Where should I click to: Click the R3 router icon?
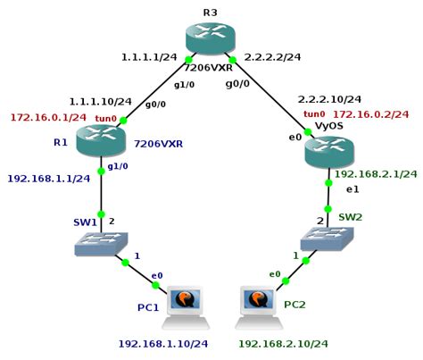click(x=211, y=38)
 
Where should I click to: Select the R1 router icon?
click(x=101, y=141)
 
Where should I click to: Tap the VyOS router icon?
click(x=328, y=151)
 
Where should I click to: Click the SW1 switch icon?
click(x=100, y=244)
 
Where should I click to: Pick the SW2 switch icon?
click(x=327, y=238)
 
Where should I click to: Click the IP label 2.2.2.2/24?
click(x=272, y=57)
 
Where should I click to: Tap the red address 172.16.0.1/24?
click(x=48, y=117)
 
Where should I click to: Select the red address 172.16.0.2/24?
click(x=370, y=114)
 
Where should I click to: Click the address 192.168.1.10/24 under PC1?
click(x=163, y=343)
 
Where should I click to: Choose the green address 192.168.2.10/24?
click(x=282, y=343)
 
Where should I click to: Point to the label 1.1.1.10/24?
click(x=101, y=101)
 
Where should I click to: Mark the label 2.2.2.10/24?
click(x=329, y=99)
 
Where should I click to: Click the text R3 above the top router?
click(x=210, y=12)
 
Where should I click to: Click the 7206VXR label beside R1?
click(x=158, y=143)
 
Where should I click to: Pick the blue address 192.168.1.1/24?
click(x=49, y=178)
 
